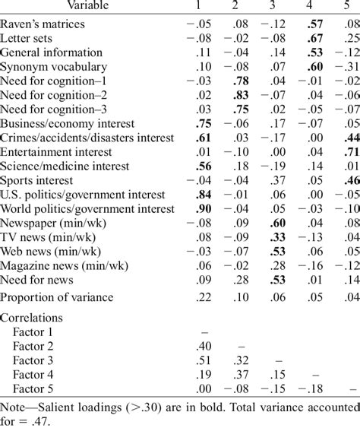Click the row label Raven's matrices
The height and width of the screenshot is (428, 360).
pyautogui.click(x=42, y=24)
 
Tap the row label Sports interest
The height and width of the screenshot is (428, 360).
pyautogui.click(x=37, y=180)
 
